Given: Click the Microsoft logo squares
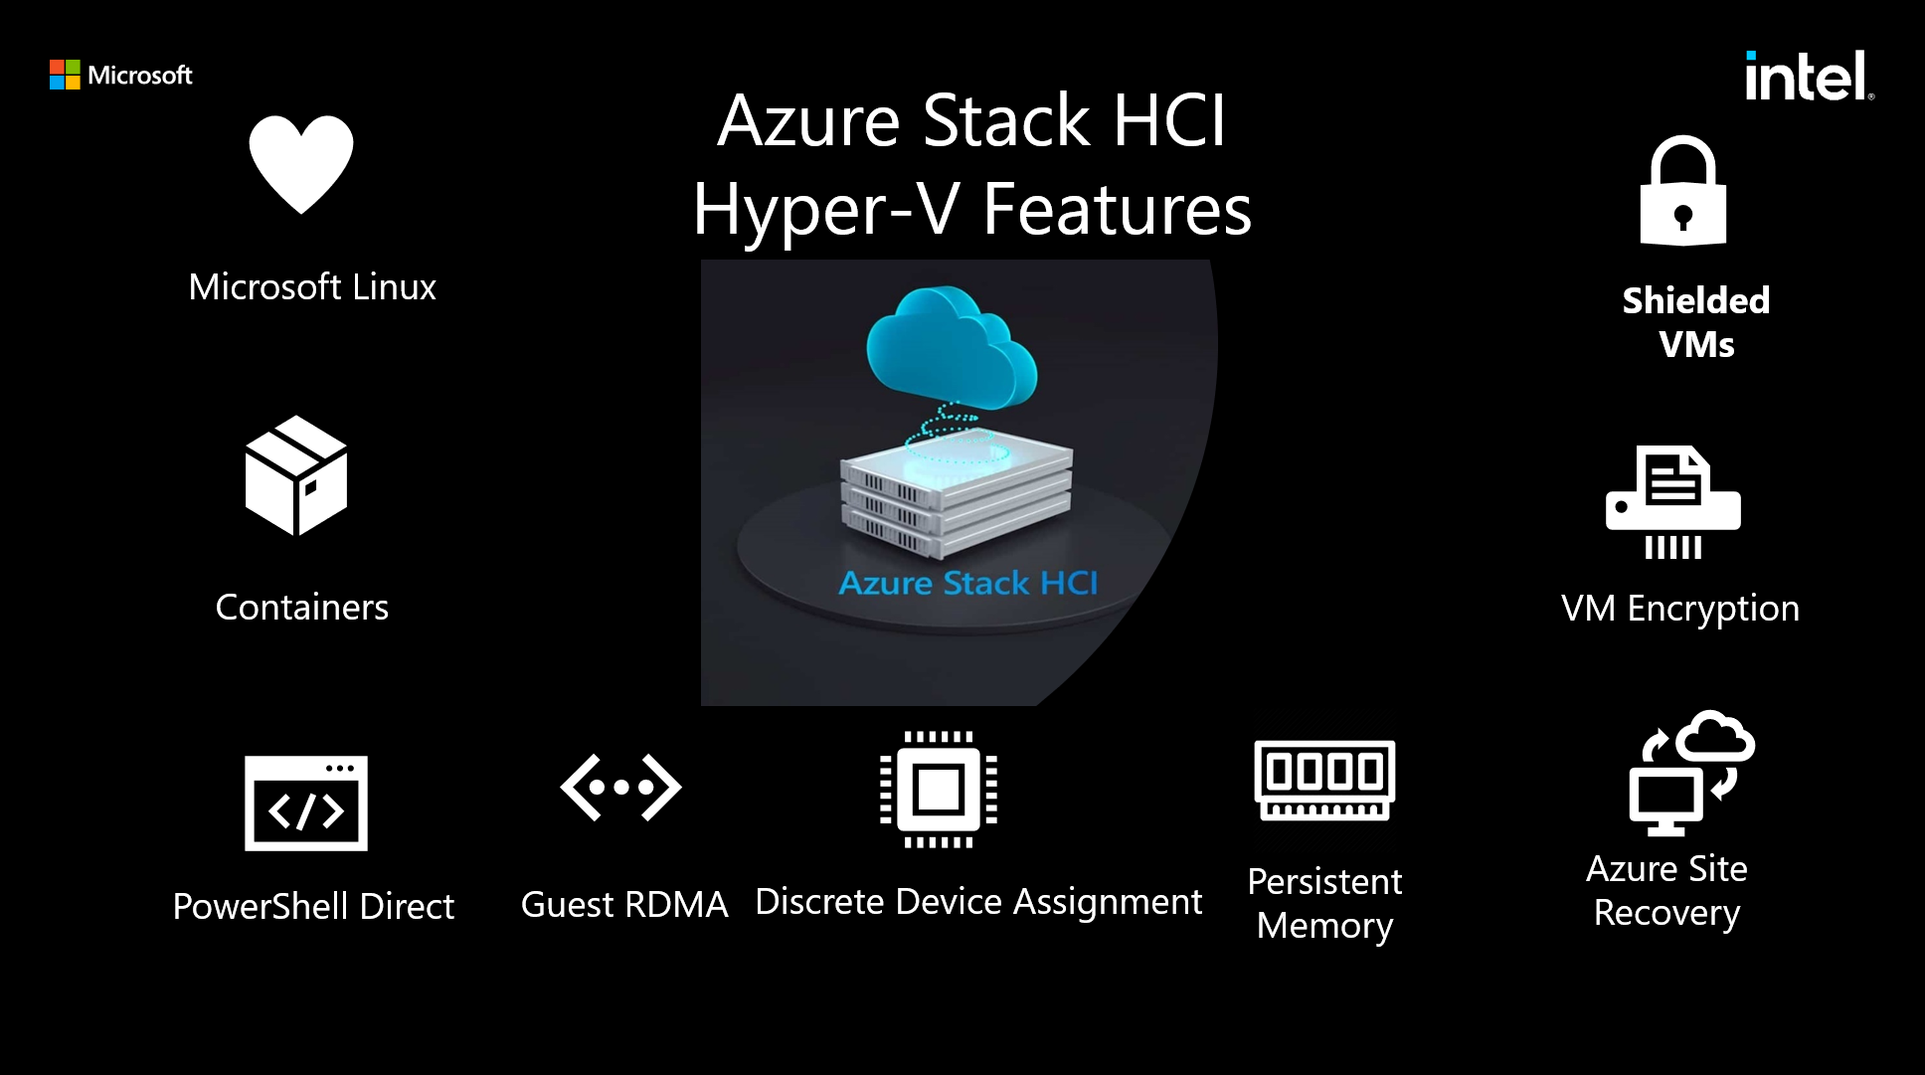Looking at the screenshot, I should tap(65, 75).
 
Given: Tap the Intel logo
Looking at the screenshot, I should tap(1808, 77).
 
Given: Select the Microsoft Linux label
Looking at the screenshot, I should tap(312, 287).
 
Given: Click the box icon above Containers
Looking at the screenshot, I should tap(296, 475).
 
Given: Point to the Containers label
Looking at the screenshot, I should tap(302, 608).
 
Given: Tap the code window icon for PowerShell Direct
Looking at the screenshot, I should tap(306, 804).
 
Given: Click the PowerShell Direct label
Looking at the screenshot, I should tap(313, 907).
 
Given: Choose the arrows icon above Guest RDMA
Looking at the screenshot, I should tap(621, 788).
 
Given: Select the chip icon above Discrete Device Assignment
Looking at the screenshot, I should tap(939, 790).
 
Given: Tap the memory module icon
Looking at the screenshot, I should tap(1324, 781).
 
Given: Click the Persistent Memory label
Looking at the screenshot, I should tap(1324, 903).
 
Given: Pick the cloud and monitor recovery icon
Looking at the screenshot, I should tap(1690, 774).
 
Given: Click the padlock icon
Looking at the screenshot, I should tap(1682, 192).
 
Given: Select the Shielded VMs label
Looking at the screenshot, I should tap(1696, 322).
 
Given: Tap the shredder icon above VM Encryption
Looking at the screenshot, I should tap(1673, 503).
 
